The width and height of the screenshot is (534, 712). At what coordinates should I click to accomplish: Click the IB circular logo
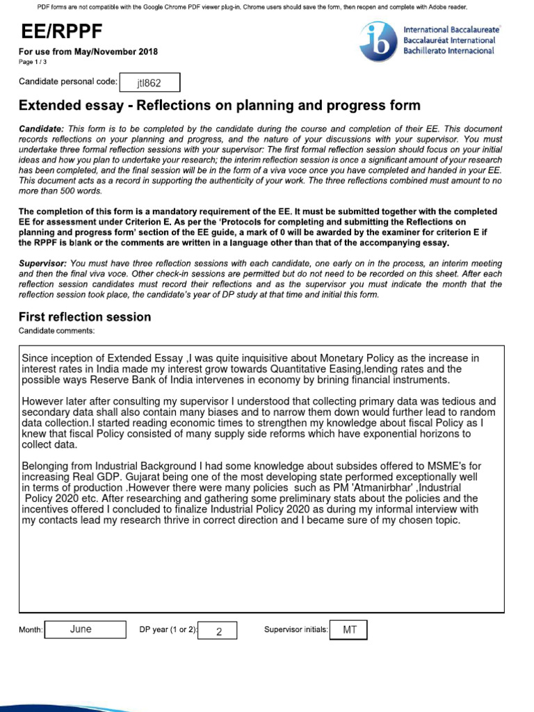[378, 41]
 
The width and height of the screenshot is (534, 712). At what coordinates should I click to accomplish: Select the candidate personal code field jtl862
[149, 83]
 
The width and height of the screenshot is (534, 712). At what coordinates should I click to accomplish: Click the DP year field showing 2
[218, 631]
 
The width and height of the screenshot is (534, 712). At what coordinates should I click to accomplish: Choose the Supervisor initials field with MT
[348, 629]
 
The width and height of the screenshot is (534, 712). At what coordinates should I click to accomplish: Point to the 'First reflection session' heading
[84, 317]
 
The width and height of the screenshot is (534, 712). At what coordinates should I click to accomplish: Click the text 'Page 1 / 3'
[33, 62]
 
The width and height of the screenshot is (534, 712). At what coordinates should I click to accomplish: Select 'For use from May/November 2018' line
[88, 52]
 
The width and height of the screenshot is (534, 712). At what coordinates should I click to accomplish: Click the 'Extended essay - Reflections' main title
[219, 106]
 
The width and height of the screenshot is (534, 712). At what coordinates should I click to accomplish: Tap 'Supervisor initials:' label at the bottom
[296, 630]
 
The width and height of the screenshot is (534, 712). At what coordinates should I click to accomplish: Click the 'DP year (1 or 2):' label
[168, 630]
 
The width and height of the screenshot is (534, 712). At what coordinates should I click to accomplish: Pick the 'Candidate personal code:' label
[68, 82]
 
